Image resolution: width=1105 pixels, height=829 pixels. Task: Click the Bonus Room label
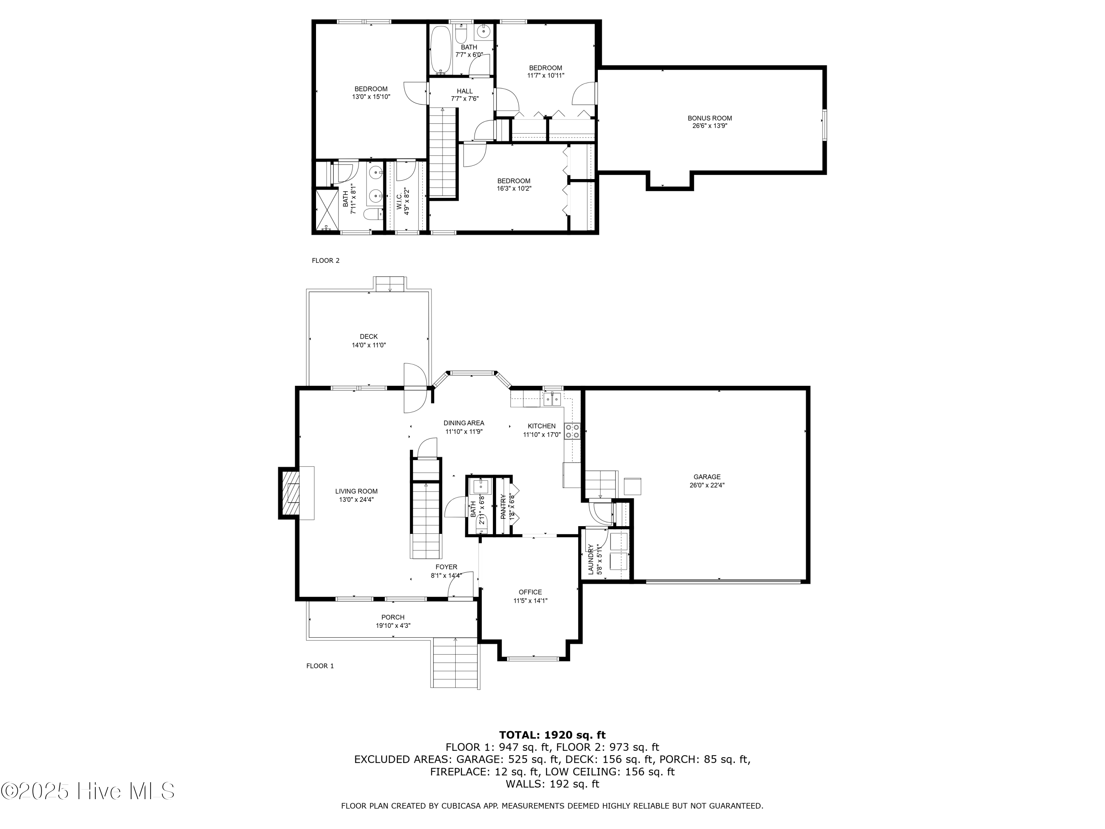(709, 118)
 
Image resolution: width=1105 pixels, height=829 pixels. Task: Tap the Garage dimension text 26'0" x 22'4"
(707, 485)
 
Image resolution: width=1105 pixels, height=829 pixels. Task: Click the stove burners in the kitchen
(572, 431)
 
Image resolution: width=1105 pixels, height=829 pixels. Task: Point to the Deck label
(369, 337)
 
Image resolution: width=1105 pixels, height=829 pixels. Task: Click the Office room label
(530, 592)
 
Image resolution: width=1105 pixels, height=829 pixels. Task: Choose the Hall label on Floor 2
(464, 91)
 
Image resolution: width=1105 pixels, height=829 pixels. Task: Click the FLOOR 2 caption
(326, 260)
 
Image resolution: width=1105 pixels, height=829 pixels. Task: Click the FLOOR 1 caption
(320, 666)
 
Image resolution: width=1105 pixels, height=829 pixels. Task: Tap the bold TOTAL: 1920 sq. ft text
(552, 735)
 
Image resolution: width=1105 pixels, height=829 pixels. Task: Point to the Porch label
(393, 617)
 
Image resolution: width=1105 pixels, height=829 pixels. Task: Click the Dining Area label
(464, 423)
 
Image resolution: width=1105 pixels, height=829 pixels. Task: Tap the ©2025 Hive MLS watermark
(87, 791)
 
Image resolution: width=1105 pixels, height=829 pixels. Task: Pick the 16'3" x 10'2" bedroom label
(513, 181)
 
